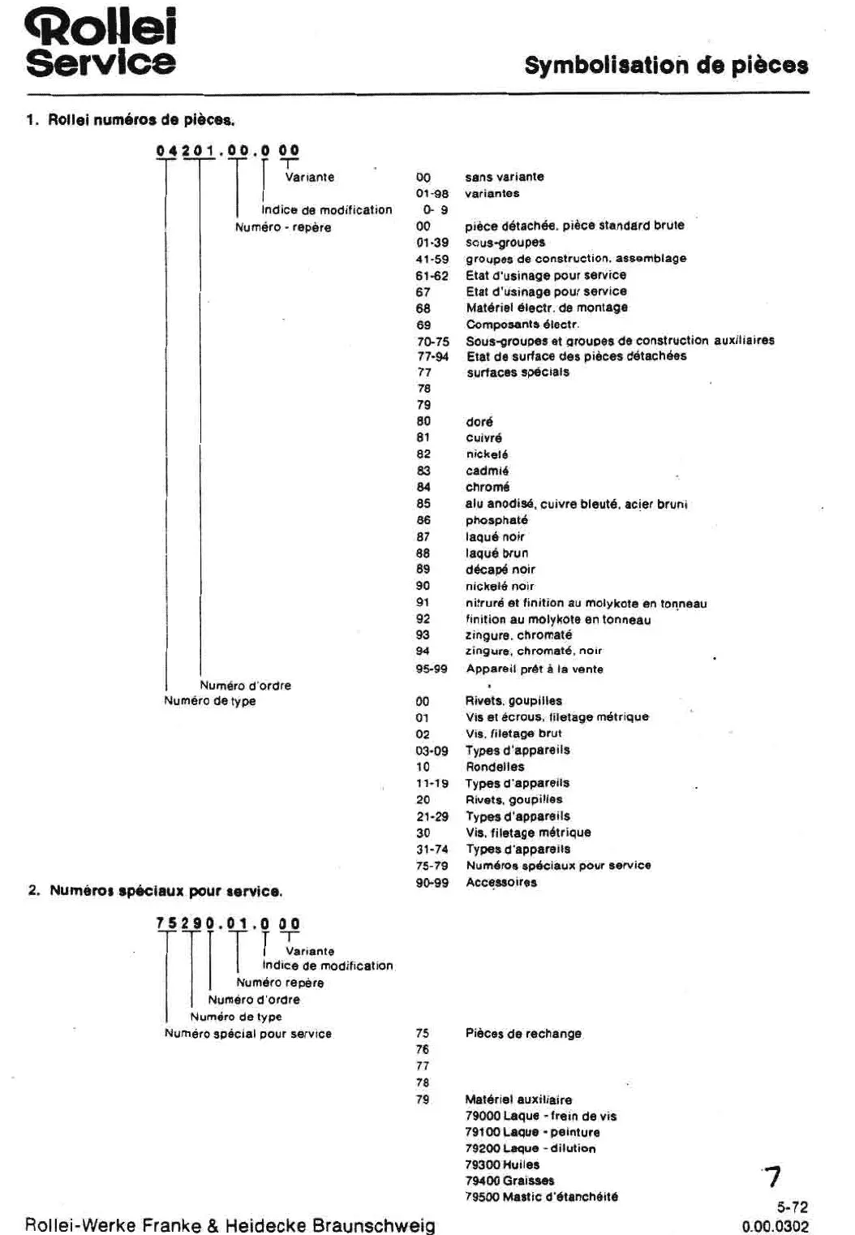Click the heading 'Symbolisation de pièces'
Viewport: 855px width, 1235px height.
pos(666,65)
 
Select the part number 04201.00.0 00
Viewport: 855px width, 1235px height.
pos(228,150)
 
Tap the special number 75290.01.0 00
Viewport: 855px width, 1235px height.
pos(228,923)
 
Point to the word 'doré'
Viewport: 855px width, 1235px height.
pos(479,422)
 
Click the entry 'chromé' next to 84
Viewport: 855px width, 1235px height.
pos(488,487)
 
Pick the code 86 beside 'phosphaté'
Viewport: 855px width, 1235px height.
pos(423,520)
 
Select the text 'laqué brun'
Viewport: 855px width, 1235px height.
pos(496,553)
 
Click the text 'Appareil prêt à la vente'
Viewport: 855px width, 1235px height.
pos(534,669)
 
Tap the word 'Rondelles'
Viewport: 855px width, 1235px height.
pos(495,767)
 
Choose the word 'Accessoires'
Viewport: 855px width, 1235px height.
pos(501,882)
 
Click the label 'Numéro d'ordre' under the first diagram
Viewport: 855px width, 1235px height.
pos(245,686)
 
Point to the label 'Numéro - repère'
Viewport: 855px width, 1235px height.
pos(283,227)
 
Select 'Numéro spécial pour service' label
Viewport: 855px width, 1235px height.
pos(247,1034)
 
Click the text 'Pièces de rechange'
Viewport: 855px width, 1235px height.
pos(523,1034)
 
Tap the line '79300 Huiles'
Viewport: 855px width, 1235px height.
pos(501,1164)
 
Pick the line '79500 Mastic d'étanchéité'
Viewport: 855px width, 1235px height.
pos(540,1197)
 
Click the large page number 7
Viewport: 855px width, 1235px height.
pos(773,1177)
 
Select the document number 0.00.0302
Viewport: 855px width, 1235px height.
pos(775,1226)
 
